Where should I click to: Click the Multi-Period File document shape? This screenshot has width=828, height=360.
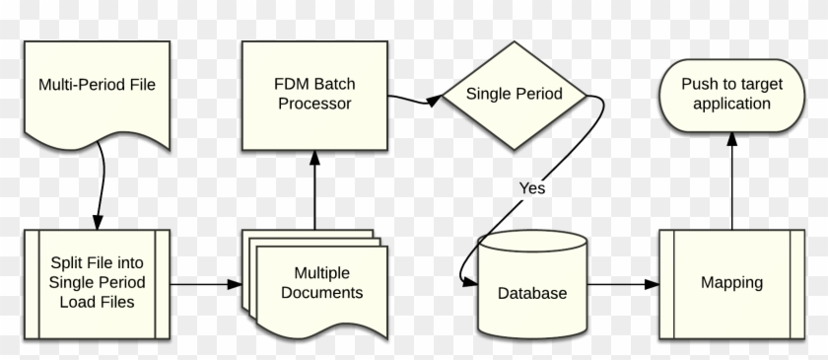coord(97,94)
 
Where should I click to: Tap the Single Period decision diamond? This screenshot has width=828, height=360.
coord(514,95)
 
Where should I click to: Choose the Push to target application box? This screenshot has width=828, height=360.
coord(731,94)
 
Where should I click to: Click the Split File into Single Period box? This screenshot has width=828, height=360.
coord(97,282)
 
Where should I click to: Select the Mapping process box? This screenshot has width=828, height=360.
coord(731,282)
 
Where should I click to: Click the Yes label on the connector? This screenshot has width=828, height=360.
coord(532,187)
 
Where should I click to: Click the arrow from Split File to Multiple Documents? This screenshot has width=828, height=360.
coord(206,283)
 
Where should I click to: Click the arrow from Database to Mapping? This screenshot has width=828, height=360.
coord(622,285)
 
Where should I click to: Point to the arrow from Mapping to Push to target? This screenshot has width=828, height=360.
coord(731,182)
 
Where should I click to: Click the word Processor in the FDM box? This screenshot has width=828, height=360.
coord(313,103)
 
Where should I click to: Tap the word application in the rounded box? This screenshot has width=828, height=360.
coord(731,104)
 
